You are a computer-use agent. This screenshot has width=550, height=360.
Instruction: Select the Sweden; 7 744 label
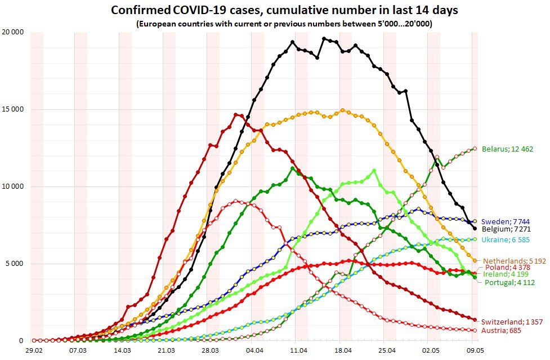506,221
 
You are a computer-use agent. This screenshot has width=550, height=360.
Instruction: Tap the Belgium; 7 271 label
507,230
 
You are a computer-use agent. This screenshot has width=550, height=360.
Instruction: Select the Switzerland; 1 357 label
511,322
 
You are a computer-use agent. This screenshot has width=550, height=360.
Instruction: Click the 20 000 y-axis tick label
13,32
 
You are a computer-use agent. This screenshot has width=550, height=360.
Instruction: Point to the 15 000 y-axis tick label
13,109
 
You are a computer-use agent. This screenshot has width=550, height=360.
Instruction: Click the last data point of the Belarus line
475,149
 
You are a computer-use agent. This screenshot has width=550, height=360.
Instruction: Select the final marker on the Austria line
475,330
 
